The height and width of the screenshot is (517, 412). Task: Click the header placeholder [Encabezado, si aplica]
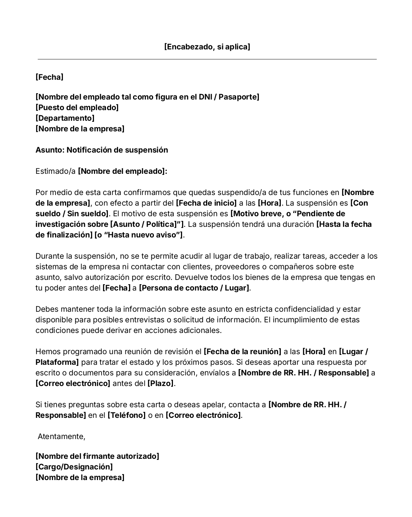pos(207,47)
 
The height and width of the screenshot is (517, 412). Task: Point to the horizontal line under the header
pos(207,59)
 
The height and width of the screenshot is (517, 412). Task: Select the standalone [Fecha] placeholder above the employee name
pos(49,77)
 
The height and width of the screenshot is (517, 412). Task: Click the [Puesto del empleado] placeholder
pos(77,108)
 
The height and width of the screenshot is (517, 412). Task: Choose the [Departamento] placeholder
pos(65,118)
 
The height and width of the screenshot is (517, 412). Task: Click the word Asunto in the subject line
pos(49,150)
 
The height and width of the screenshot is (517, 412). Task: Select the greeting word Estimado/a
pos(56,171)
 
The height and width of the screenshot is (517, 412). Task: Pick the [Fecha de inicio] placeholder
pos(206,203)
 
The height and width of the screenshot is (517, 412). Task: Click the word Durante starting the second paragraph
pos(50,256)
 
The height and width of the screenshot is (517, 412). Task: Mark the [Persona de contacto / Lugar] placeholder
pos(194,288)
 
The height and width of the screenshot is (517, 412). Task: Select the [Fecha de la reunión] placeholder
pos(242,352)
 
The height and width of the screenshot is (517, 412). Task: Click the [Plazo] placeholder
pos(160,383)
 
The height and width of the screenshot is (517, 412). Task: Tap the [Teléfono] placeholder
pos(126,415)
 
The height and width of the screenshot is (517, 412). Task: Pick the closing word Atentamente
pos(61,437)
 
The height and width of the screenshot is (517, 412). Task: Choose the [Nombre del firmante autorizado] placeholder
pos(97,456)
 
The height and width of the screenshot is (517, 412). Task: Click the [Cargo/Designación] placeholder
pos(74,467)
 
